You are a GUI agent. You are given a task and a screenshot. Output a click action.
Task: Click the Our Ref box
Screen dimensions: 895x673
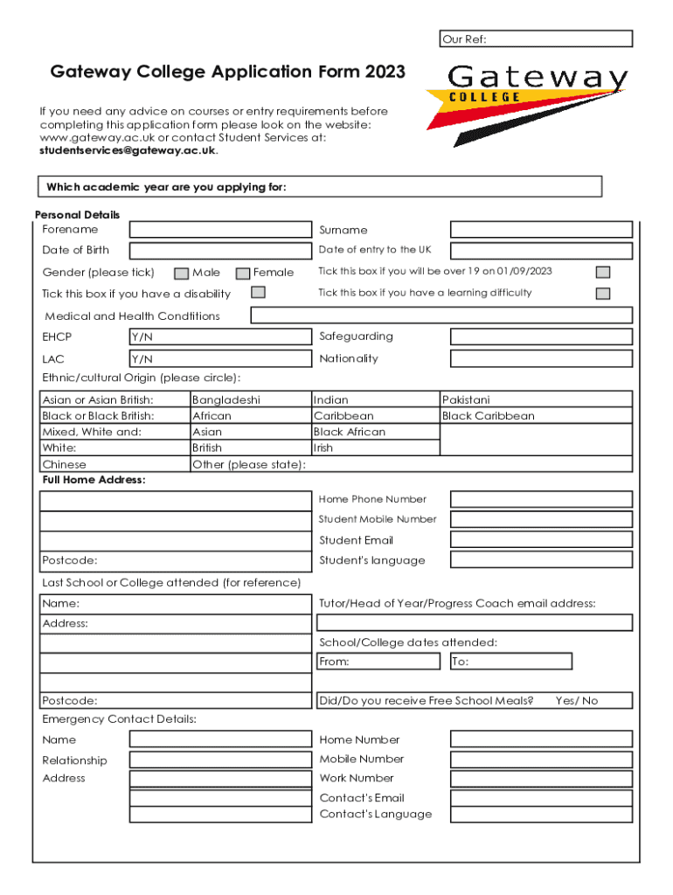coord(536,38)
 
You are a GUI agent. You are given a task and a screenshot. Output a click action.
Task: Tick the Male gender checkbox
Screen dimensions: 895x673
coord(182,274)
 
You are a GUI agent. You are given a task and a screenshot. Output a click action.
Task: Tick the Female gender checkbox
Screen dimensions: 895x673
coord(243,274)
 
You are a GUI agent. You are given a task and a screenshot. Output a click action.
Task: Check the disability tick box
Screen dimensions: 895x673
coord(258,293)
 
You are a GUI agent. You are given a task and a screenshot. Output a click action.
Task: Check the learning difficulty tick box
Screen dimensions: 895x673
coord(602,294)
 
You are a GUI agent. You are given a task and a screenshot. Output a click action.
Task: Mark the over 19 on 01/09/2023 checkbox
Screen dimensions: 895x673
coord(602,273)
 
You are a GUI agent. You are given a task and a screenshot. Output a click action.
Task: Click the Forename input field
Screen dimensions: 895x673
coord(220,230)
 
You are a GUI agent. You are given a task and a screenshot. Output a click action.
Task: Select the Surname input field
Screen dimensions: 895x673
coord(541,230)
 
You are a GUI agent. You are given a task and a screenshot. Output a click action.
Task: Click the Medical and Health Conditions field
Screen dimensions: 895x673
coord(441,316)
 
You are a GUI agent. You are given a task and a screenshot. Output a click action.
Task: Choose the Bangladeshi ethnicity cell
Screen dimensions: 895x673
coord(251,400)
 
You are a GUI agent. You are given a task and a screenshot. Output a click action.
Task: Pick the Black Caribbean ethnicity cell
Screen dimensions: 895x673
coord(536,416)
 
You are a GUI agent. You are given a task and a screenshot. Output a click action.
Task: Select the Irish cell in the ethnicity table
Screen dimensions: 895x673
coord(376,447)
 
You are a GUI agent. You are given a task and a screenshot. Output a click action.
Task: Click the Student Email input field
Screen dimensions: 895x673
coord(541,540)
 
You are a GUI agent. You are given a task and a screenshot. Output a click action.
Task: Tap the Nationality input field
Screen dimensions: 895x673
coord(541,358)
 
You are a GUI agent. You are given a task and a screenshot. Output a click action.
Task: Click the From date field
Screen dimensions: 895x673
coord(378,662)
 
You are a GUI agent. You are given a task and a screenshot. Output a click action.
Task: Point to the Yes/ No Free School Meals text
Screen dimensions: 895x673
coord(577,701)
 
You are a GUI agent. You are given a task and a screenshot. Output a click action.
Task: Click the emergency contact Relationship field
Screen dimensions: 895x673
coord(220,760)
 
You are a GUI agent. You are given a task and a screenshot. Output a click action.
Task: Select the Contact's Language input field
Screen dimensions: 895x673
coord(541,814)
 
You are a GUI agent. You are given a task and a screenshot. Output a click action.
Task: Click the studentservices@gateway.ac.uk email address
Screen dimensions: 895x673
coord(128,150)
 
